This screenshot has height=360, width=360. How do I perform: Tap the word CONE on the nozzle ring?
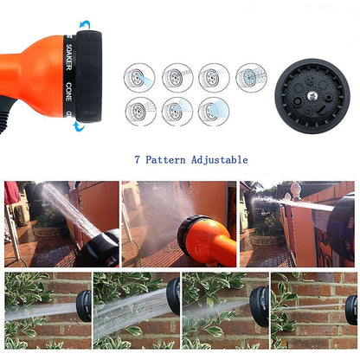69,93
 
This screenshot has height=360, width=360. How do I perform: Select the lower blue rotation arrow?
78,126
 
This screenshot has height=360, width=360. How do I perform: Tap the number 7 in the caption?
138,159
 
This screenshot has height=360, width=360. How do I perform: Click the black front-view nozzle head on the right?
312,95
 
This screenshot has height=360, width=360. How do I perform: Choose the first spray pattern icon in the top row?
139,78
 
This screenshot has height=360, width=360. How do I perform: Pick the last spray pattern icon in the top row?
251,78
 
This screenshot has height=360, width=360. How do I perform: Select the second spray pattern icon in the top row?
177,78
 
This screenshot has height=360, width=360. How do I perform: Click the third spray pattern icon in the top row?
214,78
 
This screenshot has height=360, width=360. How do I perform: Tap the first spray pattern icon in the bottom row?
139,112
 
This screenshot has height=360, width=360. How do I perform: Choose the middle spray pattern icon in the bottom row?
177,112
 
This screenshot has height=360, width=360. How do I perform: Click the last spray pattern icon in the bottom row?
214,112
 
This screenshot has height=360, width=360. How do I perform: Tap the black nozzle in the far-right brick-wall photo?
351,310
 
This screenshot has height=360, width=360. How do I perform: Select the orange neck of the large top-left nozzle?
30,69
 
